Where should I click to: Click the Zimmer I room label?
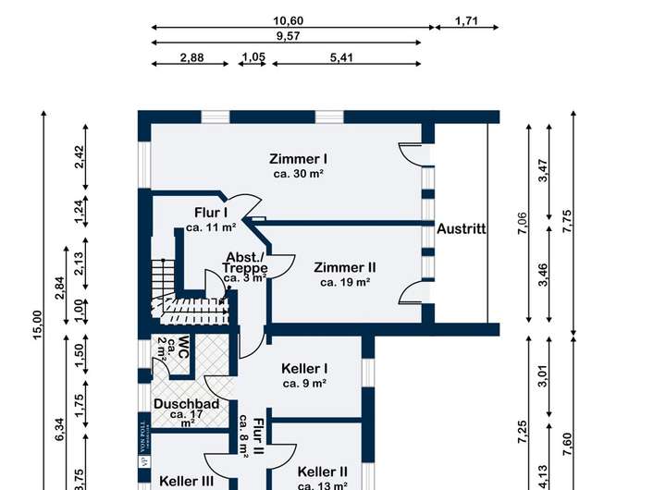299,157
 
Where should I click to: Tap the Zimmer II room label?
344,267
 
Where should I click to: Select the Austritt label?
462,228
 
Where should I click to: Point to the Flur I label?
210,212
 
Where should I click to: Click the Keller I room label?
304,368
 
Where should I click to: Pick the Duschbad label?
186,404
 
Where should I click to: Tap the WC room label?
183,347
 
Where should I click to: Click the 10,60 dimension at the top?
289,20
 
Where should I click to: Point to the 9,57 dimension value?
289,36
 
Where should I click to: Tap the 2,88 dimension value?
191,57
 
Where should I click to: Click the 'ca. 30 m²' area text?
299,173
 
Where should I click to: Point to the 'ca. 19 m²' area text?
345,283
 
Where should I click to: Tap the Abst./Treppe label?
245,265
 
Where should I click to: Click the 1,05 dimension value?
253,57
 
